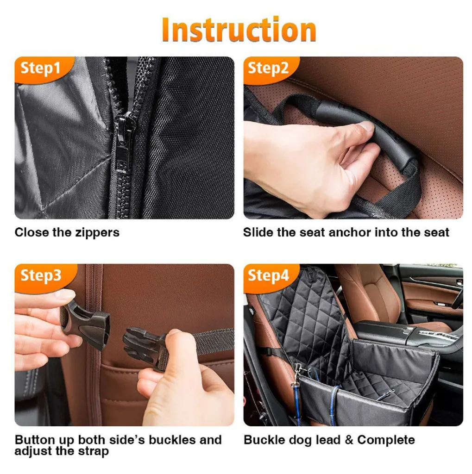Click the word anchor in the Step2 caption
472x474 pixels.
pyautogui.click(x=349, y=232)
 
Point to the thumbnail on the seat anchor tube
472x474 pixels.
pyautogui.click(x=366, y=126)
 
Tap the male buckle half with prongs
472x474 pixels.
pyautogui.click(x=145, y=348)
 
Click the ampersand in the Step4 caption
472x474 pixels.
pyautogui.click(x=349, y=440)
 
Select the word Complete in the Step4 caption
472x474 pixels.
pyautogui.click(x=386, y=440)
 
